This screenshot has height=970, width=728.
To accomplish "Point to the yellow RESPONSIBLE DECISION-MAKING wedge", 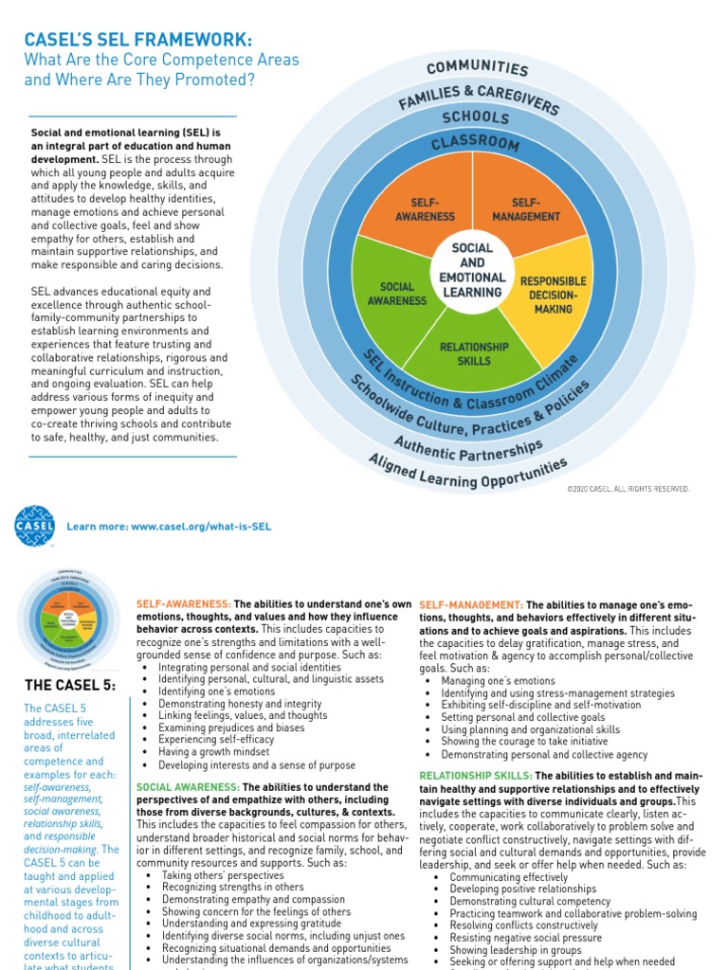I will tap(553, 295).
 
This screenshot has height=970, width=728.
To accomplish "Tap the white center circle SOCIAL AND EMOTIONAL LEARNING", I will tap(472, 269).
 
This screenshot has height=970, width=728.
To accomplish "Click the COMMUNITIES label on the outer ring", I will tap(477, 67).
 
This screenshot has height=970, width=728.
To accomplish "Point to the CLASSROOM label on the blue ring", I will tap(474, 144).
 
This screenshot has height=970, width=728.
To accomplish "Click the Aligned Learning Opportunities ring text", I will tap(468, 472).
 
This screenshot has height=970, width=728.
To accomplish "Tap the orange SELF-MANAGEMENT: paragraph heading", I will tap(471, 604).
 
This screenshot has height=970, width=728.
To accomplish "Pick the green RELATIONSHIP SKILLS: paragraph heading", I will tap(475, 776).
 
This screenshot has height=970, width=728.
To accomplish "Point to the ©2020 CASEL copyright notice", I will tap(628, 489).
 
